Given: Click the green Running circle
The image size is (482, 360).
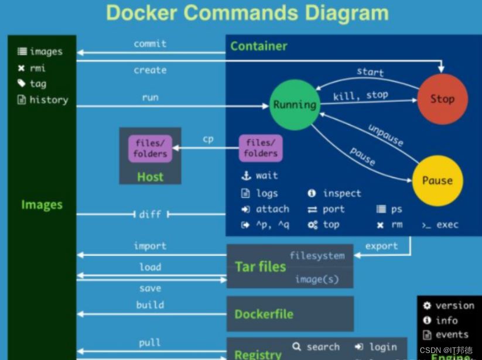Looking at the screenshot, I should click(295, 105).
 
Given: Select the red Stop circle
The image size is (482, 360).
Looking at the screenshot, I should click(442, 99).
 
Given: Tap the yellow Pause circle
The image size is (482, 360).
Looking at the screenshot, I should click(437, 180).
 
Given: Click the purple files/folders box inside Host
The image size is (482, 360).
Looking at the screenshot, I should click(150, 148).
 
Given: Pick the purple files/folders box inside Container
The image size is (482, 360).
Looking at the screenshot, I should click(261, 148).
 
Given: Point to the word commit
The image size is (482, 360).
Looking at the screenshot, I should click(150, 44).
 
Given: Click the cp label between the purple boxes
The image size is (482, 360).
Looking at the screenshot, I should click(208, 139).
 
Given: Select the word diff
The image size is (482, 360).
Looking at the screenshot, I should click(150, 215).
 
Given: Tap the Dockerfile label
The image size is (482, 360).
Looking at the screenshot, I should click(264, 314).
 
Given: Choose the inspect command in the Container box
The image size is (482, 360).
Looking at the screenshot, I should click(341, 194).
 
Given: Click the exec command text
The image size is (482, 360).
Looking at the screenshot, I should click(447, 225).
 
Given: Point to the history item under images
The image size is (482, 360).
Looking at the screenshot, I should click(49, 100).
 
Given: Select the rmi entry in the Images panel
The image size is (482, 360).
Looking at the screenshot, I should click(38, 68).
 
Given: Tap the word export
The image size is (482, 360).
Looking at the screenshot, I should click(382, 246).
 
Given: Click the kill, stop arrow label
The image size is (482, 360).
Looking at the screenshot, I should click(361, 95).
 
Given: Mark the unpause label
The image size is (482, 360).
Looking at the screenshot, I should click(385, 135).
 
